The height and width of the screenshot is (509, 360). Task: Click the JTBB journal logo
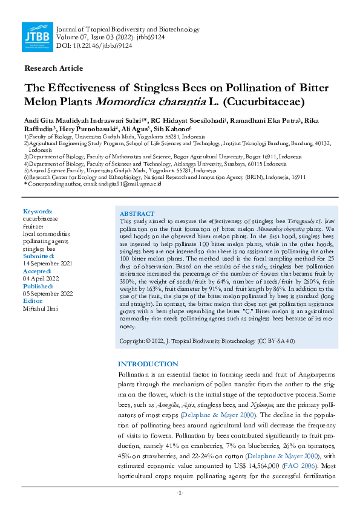point(36,37)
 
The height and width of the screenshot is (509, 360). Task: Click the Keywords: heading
point(38,211)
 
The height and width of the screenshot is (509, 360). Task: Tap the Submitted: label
point(39,256)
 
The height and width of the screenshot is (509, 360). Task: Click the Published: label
point(39,286)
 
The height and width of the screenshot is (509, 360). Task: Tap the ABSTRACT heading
point(137,214)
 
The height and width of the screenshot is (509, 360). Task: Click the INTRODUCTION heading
point(148,364)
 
